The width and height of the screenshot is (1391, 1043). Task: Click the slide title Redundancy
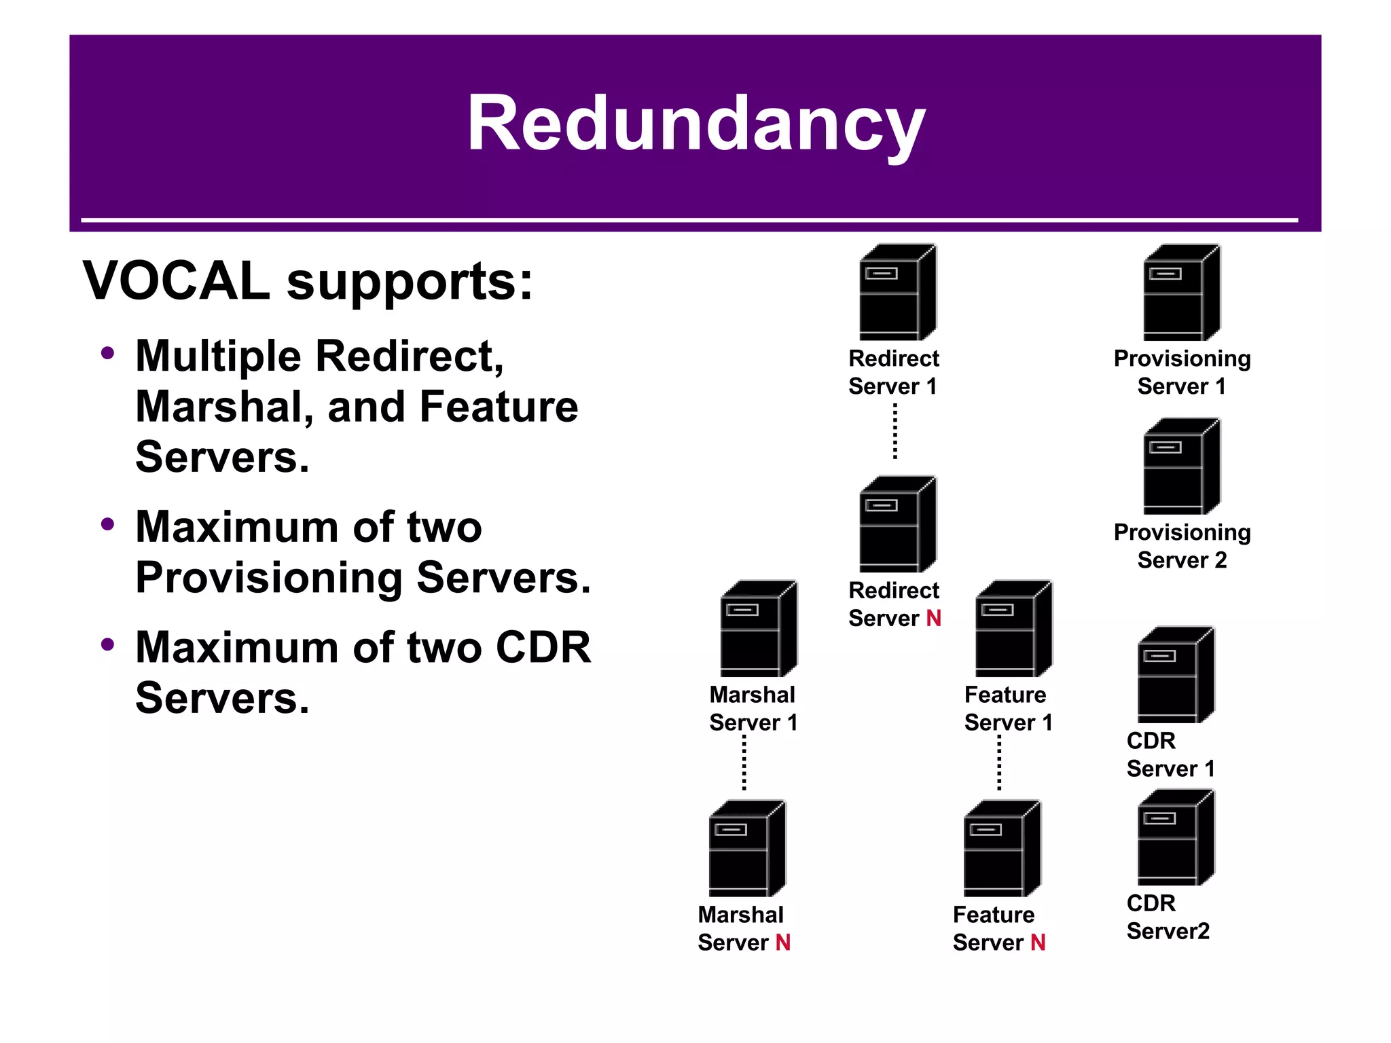tap(695, 124)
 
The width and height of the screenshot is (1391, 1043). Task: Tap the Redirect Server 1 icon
tap(897, 293)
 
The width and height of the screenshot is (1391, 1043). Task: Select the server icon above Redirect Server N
tap(897, 524)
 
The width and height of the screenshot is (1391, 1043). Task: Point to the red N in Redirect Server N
tap(933, 619)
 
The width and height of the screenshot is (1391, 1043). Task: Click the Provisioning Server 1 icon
tap(1181, 293)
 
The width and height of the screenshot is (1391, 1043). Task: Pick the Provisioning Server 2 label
tap(1182, 546)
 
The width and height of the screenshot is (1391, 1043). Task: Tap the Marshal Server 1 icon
tap(758, 629)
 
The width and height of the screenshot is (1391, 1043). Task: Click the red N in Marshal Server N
tap(782, 943)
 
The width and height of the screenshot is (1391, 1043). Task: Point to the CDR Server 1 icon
tap(1176, 675)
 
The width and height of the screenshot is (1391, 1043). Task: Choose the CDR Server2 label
tap(1168, 917)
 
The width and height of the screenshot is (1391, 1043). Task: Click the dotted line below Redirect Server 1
tap(895, 432)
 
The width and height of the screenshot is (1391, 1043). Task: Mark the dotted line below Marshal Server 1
tap(744, 763)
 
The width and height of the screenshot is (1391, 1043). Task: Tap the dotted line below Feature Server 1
tap(999, 763)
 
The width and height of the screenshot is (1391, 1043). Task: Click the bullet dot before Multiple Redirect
tap(107, 354)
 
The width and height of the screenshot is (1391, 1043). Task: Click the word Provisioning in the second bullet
tap(269, 578)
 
